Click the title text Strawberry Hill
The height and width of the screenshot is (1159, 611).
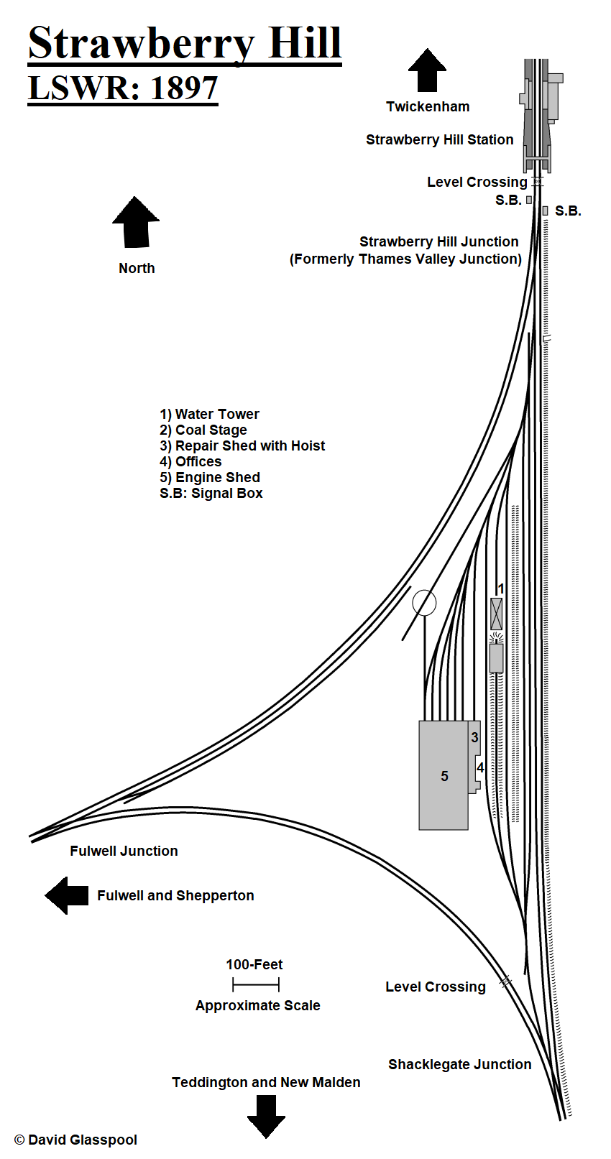tap(184, 43)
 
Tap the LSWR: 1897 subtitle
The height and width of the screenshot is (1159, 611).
tap(122, 88)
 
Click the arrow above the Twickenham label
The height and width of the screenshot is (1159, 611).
tap(427, 70)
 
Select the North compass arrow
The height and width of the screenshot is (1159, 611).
tap(136, 222)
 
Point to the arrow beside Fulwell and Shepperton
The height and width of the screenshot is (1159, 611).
tap(67, 895)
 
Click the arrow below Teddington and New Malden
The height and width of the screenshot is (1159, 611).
tap(266, 1116)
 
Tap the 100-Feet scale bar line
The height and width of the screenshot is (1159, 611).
tap(256, 984)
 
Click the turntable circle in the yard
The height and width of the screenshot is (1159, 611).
tap(424, 603)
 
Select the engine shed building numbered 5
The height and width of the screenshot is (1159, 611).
tap(444, 776)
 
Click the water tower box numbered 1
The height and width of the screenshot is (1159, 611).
tap(496, 614)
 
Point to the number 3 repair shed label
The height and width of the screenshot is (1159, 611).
tap(474, 738)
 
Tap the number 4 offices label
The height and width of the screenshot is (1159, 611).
tap(479, 768)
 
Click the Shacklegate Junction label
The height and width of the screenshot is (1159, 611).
tap(459, 1064)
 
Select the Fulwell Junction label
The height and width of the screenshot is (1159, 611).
tap(124, 851)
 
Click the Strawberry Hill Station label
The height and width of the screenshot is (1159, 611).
tap(439, 139)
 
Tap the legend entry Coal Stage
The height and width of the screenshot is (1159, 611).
tap(203, 430)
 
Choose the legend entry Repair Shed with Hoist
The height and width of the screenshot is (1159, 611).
tap(242, 445)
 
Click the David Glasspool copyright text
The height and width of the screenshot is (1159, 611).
tap(75, 1140)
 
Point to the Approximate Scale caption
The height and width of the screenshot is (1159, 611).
tap(257, 1005)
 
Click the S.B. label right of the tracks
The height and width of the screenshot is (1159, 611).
tap(568, 211)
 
